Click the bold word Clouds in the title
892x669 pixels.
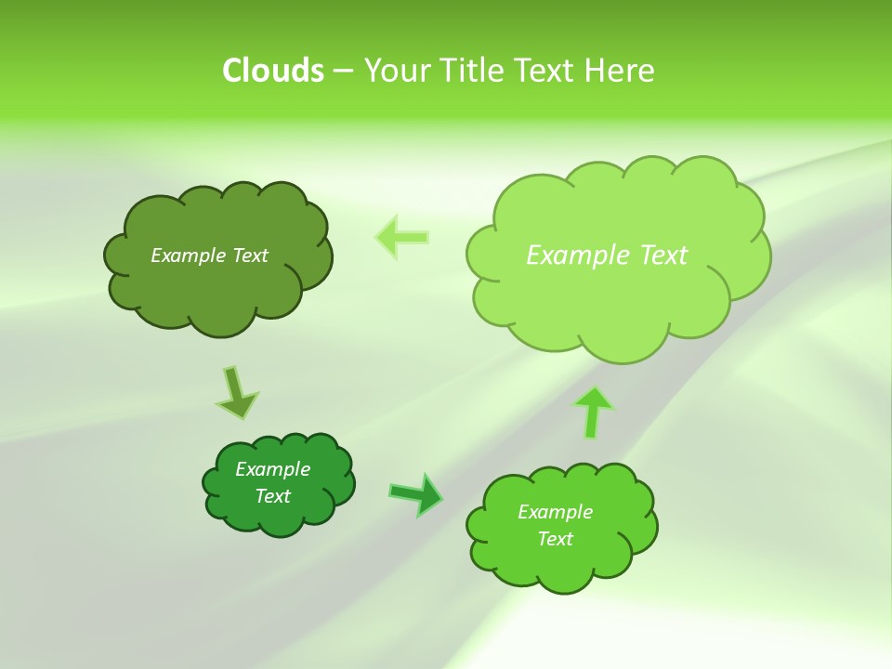click(273, 71)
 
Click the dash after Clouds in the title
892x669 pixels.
click(343, 72)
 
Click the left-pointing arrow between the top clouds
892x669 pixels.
click(402, 237)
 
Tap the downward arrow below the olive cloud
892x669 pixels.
click(236, 391)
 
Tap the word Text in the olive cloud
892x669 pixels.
click(249, 256)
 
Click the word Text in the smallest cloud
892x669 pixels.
click(272, 496)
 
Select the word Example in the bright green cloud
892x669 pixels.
click(555, 512)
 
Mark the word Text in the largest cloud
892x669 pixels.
click(662, 255)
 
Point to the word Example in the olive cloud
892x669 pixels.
click(189, 256)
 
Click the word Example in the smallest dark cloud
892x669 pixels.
click(272, 469)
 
